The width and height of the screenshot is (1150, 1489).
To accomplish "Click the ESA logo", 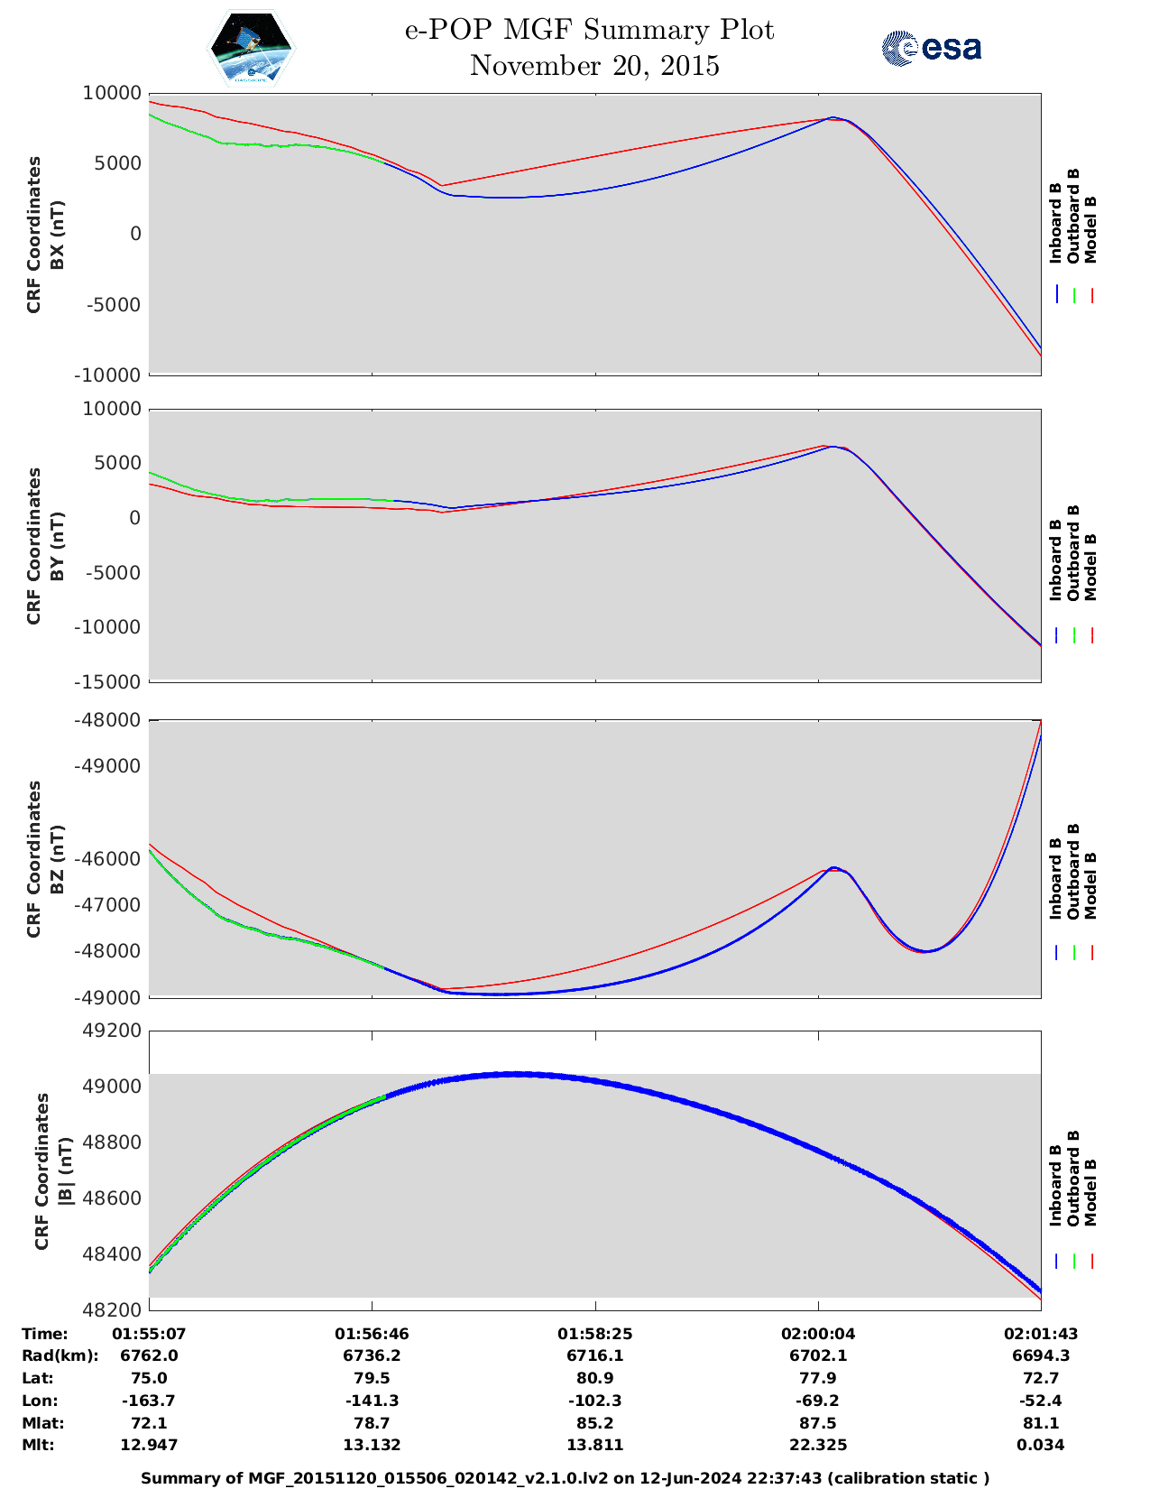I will click(932, 48).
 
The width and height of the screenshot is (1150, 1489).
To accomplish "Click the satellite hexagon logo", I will click(252, 48).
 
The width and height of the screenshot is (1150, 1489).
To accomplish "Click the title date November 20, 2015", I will click(594, 66).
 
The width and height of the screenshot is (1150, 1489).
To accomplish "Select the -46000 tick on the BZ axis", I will click(113, 858).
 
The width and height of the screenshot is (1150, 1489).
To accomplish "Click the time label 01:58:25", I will click(594, 1334).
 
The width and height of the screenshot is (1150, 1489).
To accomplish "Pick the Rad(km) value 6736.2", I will click(372, 1355).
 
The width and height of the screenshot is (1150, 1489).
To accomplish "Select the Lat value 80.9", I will click(594, 1378).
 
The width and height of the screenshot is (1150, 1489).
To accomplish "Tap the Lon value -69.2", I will click(817, 1401).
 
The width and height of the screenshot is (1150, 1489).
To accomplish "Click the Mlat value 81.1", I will click(1041, 1423).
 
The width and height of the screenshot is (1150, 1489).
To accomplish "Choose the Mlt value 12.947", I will click(149, 1445).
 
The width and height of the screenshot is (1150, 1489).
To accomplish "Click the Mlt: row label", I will click(38, 1445).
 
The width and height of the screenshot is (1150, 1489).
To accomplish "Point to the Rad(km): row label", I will click(60, 1355).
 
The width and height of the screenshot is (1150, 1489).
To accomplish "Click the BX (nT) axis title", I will click(58, 235).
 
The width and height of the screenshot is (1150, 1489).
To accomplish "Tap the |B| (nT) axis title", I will click(66, 1171).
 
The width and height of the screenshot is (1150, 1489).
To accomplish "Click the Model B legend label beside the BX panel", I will click(1090, 229).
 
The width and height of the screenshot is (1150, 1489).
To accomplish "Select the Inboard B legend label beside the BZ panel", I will click(1055, 879).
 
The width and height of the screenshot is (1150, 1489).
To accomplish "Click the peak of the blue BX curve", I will click(833, 117).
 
